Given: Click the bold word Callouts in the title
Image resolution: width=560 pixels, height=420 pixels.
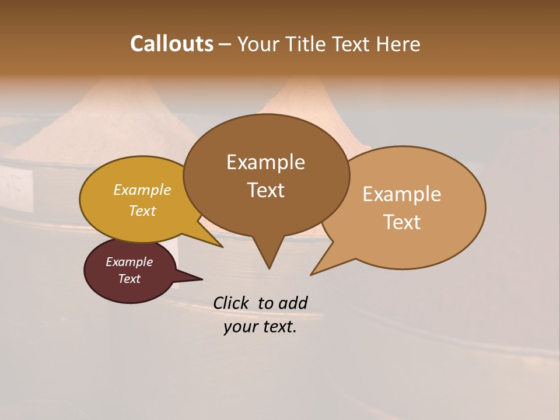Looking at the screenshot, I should point(171,44).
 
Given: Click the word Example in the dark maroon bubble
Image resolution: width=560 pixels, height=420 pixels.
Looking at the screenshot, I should point(129,262).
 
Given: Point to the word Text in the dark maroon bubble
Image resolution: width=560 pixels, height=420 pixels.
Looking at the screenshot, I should point(129,279).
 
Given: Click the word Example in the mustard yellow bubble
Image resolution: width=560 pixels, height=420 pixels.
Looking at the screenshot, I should point(142,190).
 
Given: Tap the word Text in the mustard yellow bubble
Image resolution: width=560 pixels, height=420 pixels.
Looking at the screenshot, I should point(142,211).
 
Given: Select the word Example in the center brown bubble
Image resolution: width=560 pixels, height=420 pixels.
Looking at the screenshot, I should point(265,162).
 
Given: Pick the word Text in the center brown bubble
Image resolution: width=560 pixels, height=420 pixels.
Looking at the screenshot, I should point(265,190).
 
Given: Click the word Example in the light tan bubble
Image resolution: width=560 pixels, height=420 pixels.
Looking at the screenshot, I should point(402,194).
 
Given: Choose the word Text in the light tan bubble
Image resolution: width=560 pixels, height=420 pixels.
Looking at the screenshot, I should point(402,222).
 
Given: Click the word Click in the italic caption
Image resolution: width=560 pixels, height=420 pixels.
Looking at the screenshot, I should point(232,303).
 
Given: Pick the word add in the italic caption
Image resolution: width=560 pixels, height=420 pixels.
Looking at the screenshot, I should point(293,303).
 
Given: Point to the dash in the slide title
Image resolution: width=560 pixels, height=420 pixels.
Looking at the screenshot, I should point(225,44).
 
